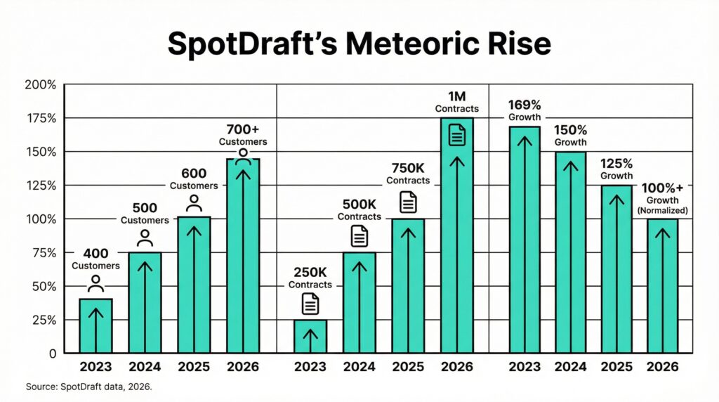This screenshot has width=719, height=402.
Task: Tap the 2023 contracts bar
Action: tap(310, 336)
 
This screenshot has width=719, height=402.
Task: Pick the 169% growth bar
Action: tap(524, 239)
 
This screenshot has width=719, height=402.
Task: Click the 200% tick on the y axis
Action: tap(40, 86)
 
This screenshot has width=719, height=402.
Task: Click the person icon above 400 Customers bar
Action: tap(95, 284)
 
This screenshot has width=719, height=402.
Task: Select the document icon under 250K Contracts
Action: tap(310, 304)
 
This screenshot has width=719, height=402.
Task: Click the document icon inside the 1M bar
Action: tap(457, 134)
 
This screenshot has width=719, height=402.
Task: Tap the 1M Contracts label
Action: tap(456, 102)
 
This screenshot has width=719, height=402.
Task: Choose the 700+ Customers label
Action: tap(243, 135)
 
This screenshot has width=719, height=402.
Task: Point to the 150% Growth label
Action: tap(570, 136)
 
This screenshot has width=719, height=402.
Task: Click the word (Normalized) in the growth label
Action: tap(662, 210)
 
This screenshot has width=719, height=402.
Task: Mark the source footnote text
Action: tap(88, 387)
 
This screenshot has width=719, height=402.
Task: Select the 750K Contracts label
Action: tap(408, 174)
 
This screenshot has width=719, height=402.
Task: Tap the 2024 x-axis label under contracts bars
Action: tap(359, 367)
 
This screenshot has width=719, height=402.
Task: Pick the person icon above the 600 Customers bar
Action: tap(194, 203)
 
